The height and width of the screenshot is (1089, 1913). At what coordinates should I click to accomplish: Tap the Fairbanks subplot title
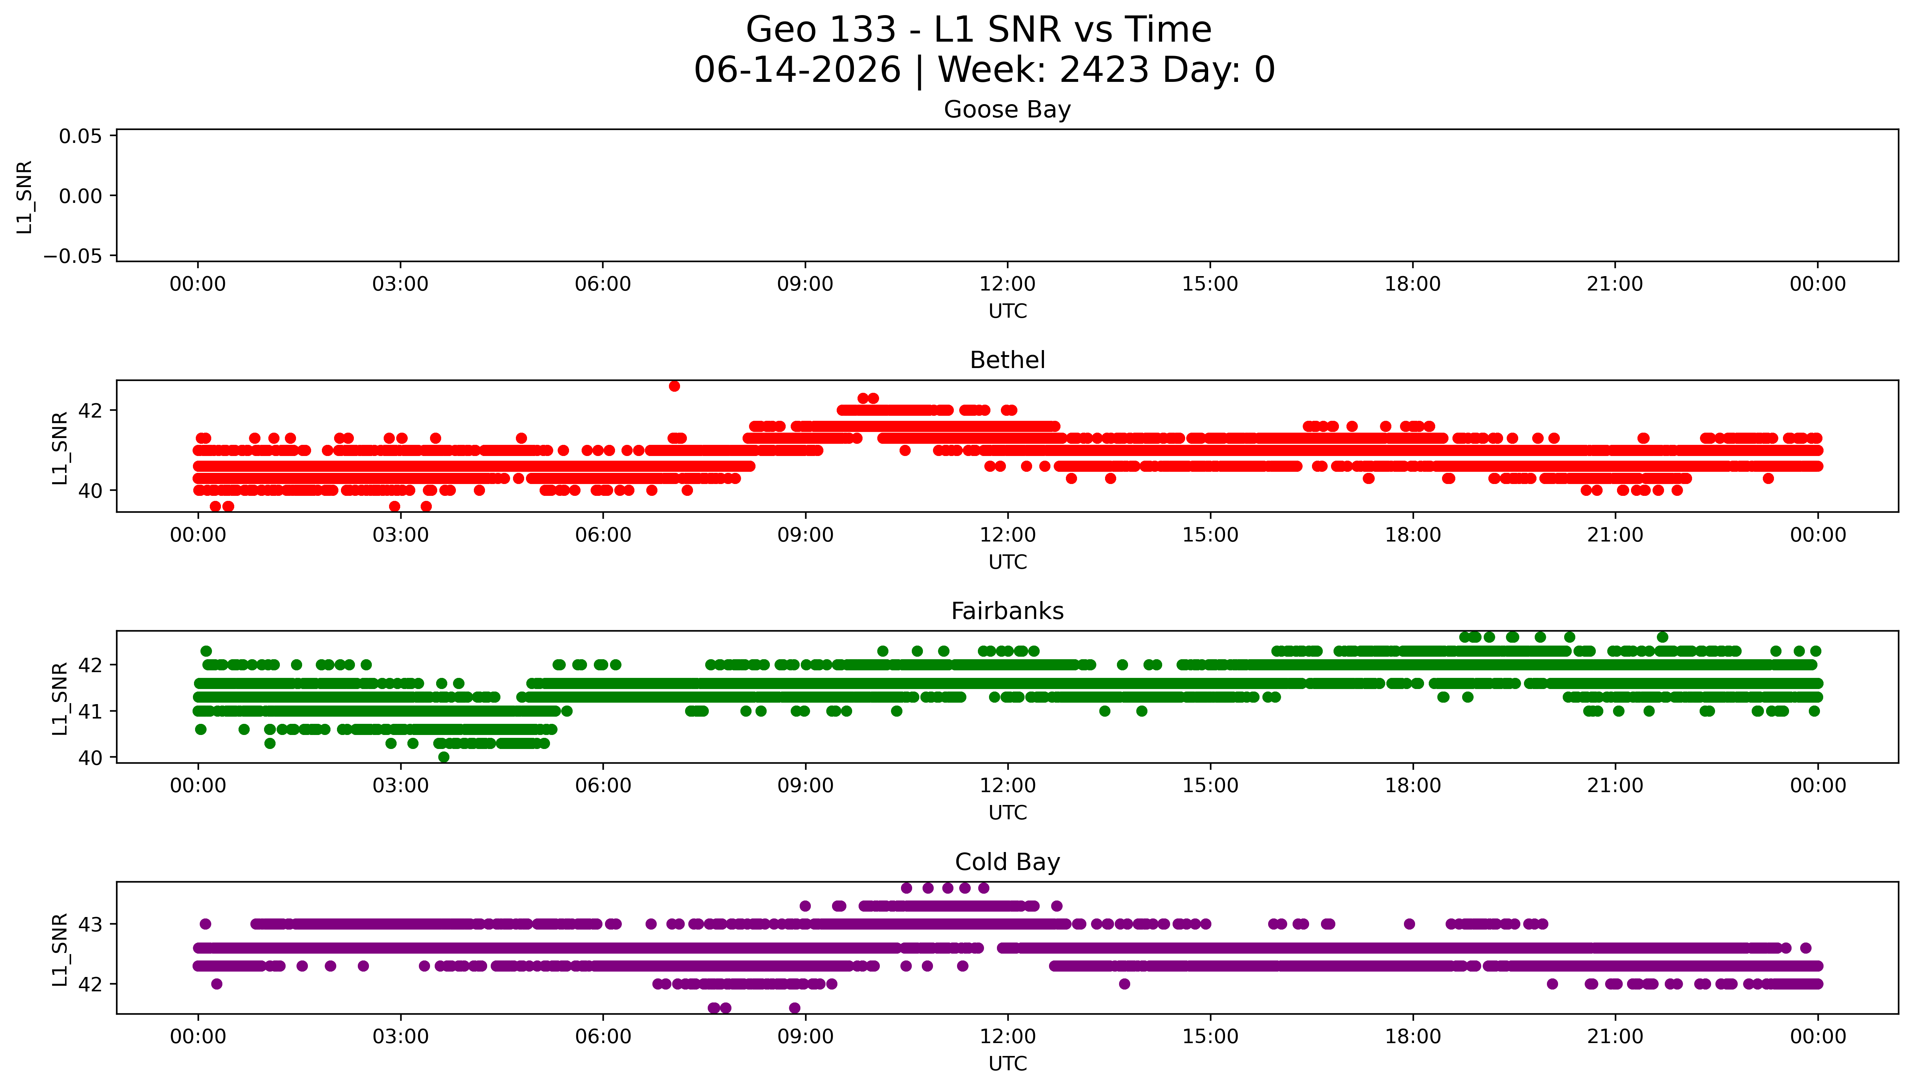(1007, 611)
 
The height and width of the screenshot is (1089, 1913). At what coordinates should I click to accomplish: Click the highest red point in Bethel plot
(674, 386)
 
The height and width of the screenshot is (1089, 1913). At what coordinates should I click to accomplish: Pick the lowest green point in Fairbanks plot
(444, 757)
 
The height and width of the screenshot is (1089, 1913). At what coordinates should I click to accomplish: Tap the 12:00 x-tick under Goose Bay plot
(1007, 284)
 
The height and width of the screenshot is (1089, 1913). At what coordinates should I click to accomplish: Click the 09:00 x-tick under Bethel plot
(805, 535)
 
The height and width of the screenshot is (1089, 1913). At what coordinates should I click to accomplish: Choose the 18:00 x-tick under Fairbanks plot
(1413, 785)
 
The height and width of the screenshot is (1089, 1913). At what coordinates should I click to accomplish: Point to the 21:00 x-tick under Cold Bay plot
(1615, 1037)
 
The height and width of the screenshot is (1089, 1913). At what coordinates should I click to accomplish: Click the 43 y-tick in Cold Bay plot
(91, 925)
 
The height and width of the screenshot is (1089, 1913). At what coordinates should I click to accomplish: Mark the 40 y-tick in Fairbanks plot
(91, 758)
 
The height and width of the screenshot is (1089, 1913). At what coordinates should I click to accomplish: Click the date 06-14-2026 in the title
(798, 70)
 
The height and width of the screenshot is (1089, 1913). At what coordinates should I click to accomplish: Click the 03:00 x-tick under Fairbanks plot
(400, 785)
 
